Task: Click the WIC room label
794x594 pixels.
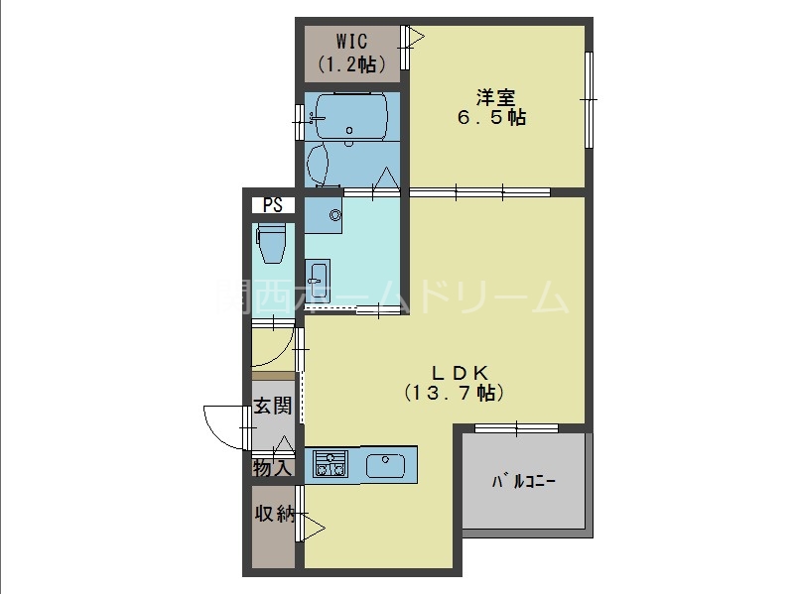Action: click(351, 42)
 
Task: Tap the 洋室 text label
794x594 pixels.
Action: click(494, 97)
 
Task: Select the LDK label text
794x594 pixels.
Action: click(458, 373)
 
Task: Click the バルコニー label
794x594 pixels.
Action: click(524, 483)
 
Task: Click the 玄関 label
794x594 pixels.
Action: click(271, 406)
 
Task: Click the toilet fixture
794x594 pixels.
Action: click(272, 243)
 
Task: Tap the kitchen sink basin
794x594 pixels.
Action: click(385, 464)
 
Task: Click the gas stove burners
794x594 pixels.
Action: click(330, 464)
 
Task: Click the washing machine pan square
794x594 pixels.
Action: click(324, 214)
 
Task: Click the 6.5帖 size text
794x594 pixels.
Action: click(491, 118)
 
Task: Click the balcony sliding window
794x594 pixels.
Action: click(516, 428)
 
